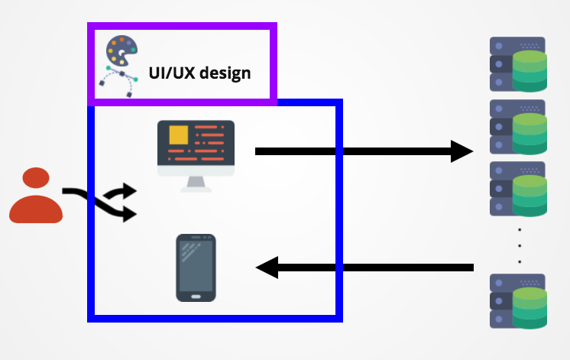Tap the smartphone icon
click(x=196, y=267)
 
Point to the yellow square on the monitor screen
click(x=178, y=135)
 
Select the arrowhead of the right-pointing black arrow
click(x=462, y=151)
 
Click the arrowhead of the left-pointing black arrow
click(x=267, y=268)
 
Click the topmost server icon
click(x=518, y=64)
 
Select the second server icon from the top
click(x=518, y=127)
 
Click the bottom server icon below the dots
click(x=518, y=300)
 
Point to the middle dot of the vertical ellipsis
click(x=520, y=245)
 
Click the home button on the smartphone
click(x=196, y=296)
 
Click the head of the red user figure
click(x=35, y=180)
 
